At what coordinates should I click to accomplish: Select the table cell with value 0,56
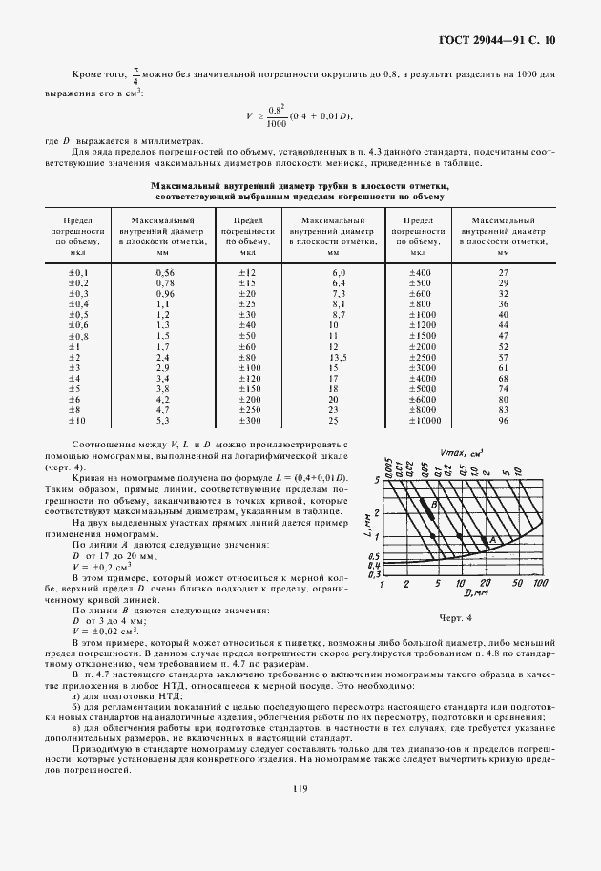[x=164, y=273]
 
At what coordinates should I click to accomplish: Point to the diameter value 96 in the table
[x=503, y=420]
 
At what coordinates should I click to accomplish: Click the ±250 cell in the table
[x=249, y=409]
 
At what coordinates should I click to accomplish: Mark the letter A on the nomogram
[x=494, y=540]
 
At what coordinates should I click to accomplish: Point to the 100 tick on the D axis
[x=540, y=583]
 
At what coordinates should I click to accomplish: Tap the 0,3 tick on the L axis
[x=374, y=575]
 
